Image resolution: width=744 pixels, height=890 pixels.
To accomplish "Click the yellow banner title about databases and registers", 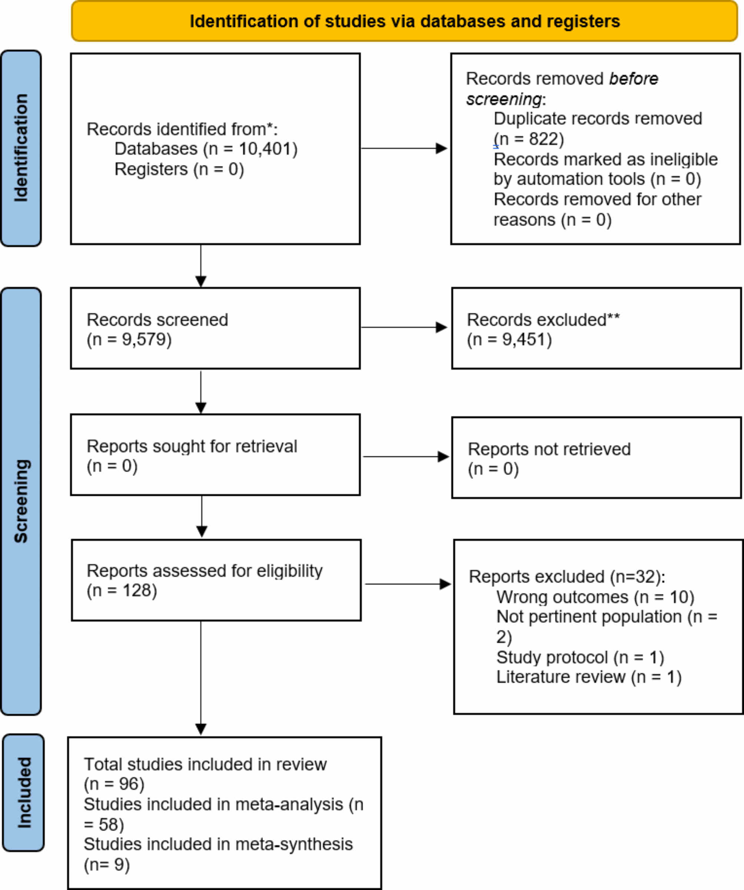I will [405, 21].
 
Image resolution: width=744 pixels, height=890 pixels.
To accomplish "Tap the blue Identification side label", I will [21, 148].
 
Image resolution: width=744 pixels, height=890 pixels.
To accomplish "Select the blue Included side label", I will [24, 793].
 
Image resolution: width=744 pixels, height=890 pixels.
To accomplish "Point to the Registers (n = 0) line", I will [179, 169].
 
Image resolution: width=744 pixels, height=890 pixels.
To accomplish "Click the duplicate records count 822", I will [541, 139].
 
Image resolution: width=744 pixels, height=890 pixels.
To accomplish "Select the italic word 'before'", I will [634, 79].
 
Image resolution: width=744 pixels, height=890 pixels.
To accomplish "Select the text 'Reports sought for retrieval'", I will [192, 446].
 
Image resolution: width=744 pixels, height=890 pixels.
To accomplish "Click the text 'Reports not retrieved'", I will [549, 449].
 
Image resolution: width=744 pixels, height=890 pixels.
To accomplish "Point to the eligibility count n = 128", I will [122, 590].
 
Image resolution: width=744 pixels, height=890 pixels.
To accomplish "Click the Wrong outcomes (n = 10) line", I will [595, 597].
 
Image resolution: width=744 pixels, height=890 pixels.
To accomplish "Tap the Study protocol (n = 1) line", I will [580, 657].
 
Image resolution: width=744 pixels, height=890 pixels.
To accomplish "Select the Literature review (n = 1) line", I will [589, 677].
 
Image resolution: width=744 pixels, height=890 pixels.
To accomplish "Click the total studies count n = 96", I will [114, 784].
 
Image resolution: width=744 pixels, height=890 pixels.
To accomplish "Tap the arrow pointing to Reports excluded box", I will [408, 584].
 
